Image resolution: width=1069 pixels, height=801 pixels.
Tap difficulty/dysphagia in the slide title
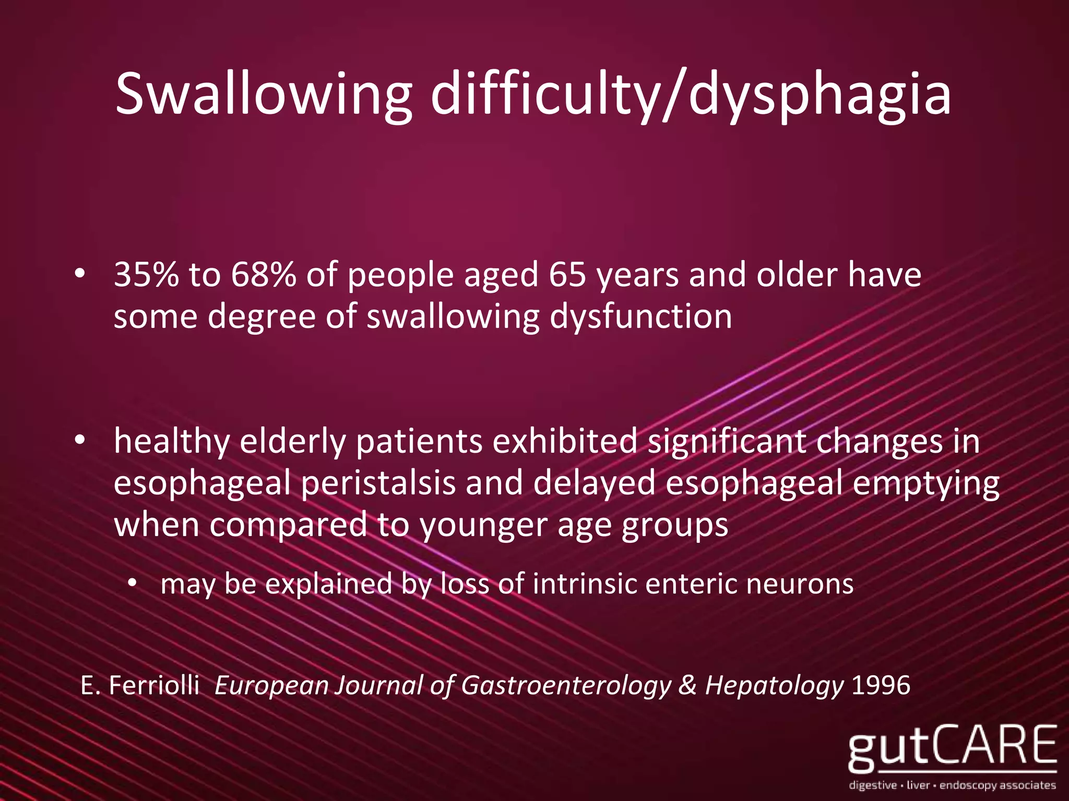691,94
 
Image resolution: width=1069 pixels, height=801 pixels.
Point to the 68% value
263,275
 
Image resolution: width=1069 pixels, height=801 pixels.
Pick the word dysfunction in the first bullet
641,317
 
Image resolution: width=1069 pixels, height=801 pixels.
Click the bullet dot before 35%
79,274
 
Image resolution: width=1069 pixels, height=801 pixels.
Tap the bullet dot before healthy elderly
79,441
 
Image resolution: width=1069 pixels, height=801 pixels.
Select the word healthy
172,442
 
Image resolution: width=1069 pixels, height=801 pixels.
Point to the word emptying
926,483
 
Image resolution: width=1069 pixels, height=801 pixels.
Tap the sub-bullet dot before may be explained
133,584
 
